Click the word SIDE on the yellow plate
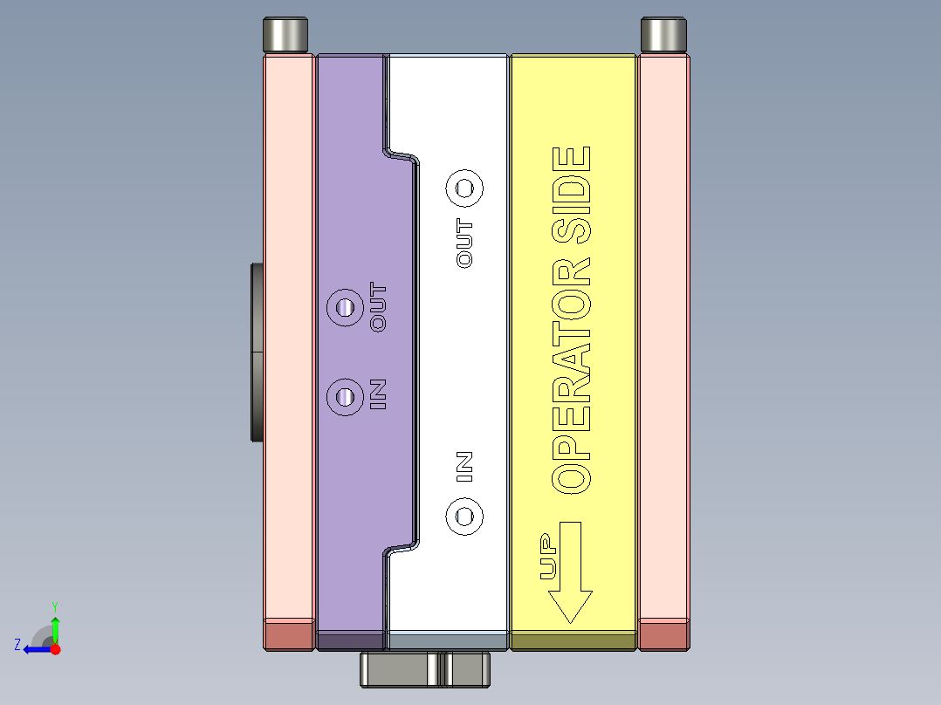(571, 195)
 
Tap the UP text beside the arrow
(549, 556)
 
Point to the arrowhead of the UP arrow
(570, 606)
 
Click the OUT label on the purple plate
(379, 306)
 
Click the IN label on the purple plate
(378, 394)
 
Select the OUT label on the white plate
(464, 243)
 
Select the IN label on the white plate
(464, 467)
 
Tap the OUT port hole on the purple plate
(345, 308)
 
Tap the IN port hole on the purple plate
(345, 397)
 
